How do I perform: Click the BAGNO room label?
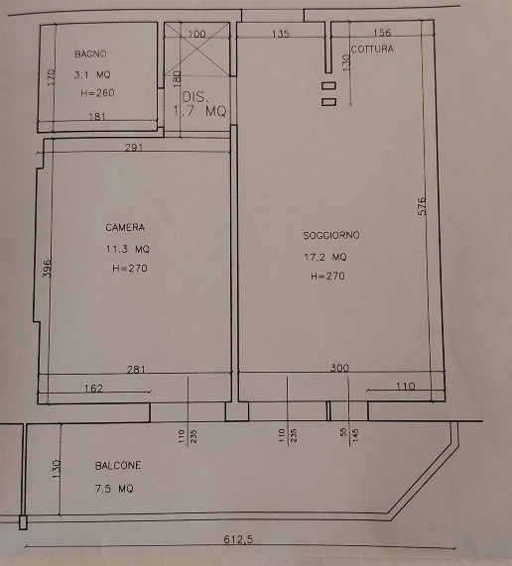[90, 55]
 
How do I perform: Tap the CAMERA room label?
[125, 227]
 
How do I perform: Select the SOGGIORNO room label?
[331, 235]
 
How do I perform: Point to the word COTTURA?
[372, 50]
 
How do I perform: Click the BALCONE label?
[118, 466]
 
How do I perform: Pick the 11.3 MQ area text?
[128, 249]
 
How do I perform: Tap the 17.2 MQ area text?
[325, 257]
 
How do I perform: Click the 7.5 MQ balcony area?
[114, 489]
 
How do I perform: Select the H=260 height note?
[97, 93]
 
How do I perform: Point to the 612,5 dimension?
[238, 539]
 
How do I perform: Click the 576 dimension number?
[422, 206]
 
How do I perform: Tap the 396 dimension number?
[47, 269]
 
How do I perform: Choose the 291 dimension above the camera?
[134, 148]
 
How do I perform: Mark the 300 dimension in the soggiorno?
[339, 368]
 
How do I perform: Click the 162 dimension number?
[93, 389]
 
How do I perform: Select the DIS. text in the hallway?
[195, 97]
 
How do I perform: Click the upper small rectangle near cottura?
[328, 86]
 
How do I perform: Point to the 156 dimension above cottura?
[382, 33]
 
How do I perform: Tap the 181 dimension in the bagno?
[97, 117]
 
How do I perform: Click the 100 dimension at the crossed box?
[197, 35]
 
